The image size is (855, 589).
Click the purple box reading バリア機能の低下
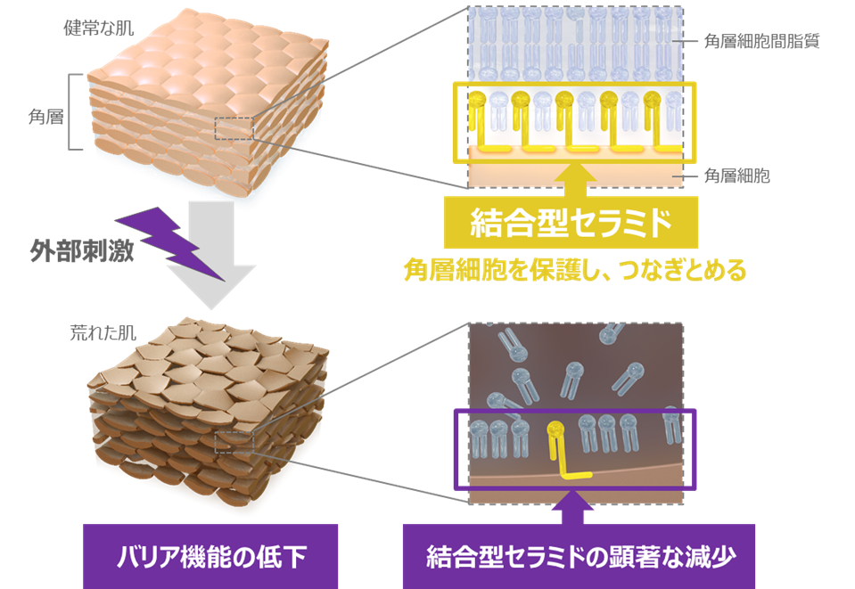point(211,558)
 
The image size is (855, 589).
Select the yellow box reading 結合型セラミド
point(571,224)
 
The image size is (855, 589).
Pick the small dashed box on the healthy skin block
point(234,128)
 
